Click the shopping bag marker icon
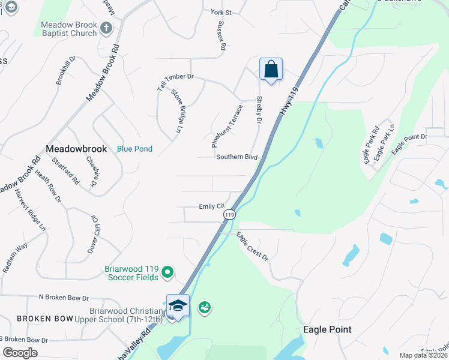tap(271, 70)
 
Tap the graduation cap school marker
tap(178, 306)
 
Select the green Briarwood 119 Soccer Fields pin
tap(168, 273)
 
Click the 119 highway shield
tap(229, 214)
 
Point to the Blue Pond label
tap(134, 149)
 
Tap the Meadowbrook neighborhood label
tap(76, 149)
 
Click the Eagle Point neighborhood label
tap(327, 329)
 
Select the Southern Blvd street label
tap(237, 157)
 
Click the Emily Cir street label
tap(211, 206)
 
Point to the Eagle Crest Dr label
tap(252, 246)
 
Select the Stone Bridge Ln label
tap(176, 110)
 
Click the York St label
tap(221, 11)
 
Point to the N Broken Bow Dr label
tap(64, 298)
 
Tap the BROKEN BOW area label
tap(45, 319)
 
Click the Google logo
tap(20, 353)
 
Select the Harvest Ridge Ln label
tap(30, 210)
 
